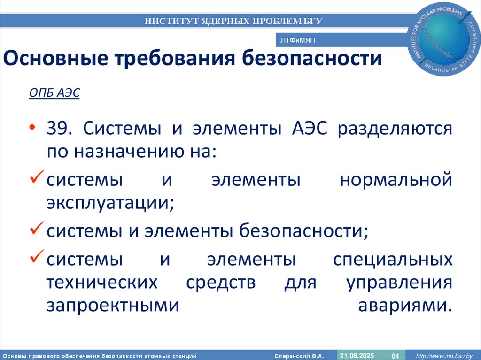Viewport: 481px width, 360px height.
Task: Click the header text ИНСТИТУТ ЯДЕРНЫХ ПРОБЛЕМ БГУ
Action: click(233, 21)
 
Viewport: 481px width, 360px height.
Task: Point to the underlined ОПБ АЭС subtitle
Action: click(54, 92)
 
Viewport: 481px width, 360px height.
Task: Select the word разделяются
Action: click(395, 129)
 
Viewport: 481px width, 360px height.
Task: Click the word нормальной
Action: click(396, 180)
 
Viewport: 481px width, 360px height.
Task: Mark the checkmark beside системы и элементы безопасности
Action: click(37, 230)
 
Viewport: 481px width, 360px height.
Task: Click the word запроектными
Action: click(113, 305)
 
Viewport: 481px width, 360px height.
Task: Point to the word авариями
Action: click(405, 305)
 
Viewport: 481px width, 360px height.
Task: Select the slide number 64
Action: click(395, 355)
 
